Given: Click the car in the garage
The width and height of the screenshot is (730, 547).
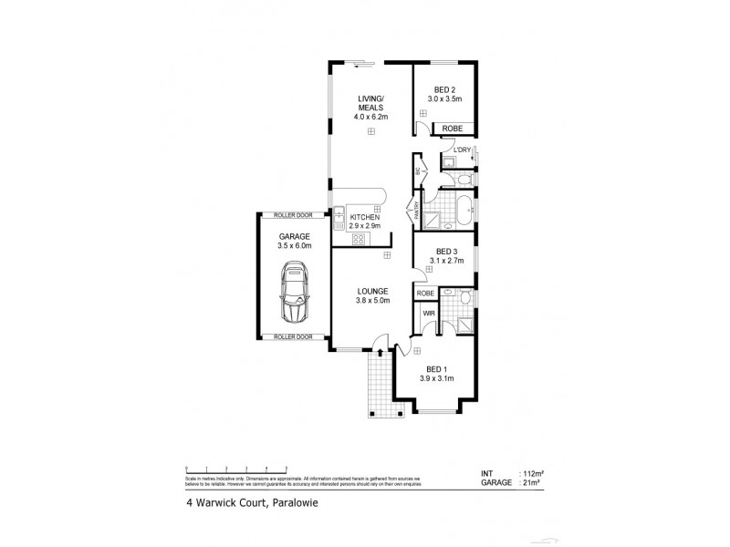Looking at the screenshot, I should click(x=294, y=292).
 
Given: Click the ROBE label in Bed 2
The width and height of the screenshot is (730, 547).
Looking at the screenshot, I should click(x=452, y=129).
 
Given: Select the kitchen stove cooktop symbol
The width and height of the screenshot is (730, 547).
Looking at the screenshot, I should click(x=359, y=239).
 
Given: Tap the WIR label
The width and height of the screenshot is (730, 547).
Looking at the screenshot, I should click(x=428, y=314).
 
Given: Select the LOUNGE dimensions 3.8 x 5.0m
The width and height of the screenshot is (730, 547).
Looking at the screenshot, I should click(x=372, y=301).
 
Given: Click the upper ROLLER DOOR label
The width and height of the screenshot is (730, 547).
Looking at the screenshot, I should click(x=293, y=216).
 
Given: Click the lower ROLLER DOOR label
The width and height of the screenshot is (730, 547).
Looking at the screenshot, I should click(x=293, y=336).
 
